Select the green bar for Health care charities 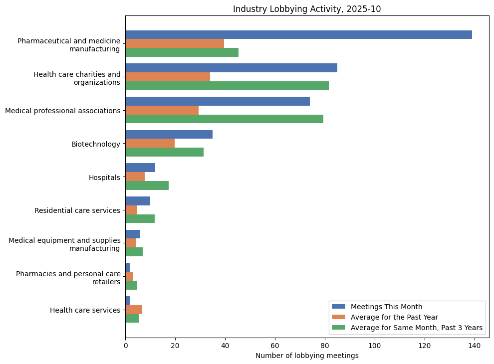(x=227, y=86)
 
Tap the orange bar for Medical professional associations (x=162, y=110)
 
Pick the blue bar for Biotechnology (x=169, y=135)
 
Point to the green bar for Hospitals (x=147, y=185)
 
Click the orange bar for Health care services (x=134, y=310)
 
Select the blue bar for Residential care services (x=138, y=201)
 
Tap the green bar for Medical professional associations (x=224, y=119)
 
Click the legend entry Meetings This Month (x=386, y=307)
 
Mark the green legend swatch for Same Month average (x=338, y=328)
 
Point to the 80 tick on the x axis (x=325, y=338)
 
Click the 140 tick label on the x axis (x=474, y=346)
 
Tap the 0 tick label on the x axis (x=125, y=346)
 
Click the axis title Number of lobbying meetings (x=307, y=356)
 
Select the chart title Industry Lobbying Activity (x=307, y=9)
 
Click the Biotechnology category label (x=95, y=144)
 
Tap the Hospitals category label (x=104, y=178)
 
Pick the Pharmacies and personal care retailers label (x=68, y=277)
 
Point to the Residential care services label (x=77, y=210)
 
